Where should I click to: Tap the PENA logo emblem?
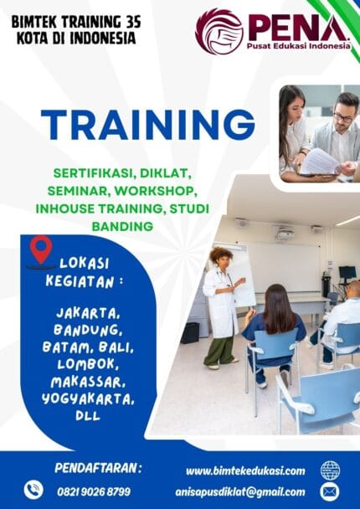tap(219, 31)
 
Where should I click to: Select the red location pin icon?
tap(40, 249)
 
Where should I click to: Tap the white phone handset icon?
tap(33, 490)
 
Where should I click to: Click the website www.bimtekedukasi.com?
tap(245, 470)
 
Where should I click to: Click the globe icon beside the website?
tap(330, 470)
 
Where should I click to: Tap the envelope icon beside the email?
tap(330, 491)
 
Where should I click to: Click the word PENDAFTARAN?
tap(98, 467)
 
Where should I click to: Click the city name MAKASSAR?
tap(86, 380)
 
